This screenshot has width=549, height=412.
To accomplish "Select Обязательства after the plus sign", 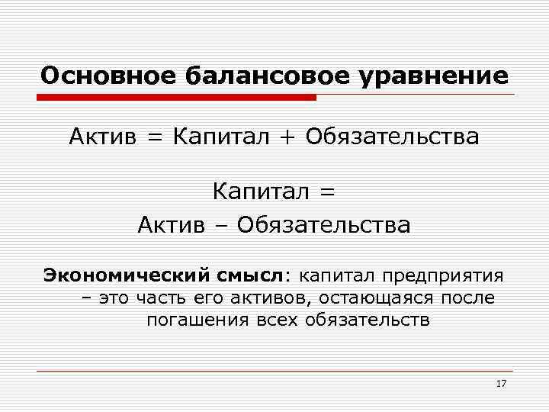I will [x=393, y=137].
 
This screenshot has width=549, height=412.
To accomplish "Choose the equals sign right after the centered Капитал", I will [x=326, y=192].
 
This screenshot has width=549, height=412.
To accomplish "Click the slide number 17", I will [x=500, y=383].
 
